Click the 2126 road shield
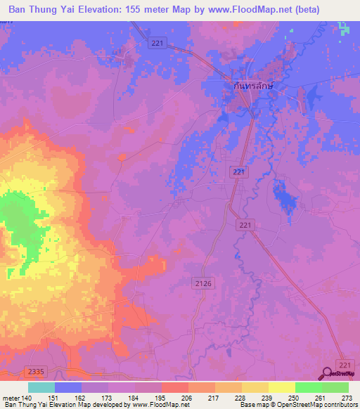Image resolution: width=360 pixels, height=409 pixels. [201, 281]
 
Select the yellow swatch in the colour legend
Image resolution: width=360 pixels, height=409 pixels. [282, 387]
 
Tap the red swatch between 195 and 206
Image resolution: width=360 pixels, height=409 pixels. [175, 387]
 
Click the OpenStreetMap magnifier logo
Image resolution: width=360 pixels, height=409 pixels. [328, 375]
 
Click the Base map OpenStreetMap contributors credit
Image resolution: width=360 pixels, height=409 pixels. [298, 405]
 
